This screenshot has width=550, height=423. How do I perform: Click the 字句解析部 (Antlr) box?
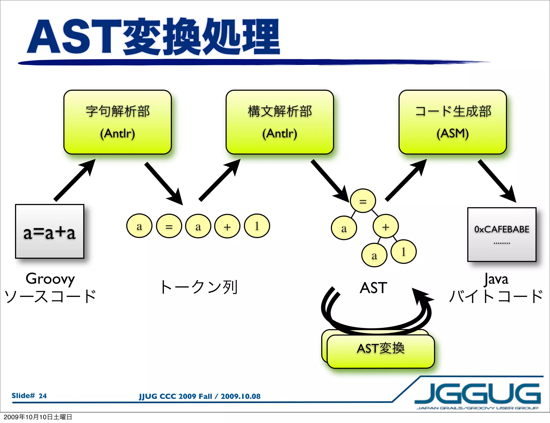click(117, 122)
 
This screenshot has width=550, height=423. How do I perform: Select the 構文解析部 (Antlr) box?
click(280, 122)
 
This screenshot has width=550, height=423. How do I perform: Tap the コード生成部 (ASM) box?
click(453, 122)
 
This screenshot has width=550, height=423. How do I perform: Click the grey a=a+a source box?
click(50, 231)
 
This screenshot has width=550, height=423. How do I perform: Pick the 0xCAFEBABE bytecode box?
click(502, 234)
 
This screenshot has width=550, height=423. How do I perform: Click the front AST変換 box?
click(381, 352)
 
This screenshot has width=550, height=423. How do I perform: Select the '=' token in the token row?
click(169, 226)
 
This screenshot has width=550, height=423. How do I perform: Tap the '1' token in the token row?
click(257, 226)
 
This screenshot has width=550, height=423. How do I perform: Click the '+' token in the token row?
click(227, 226)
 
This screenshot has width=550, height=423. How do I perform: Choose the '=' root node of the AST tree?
click(363, 201)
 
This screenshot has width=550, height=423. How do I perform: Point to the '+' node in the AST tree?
click(386, 227)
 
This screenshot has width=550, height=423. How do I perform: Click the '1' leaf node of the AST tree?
click(403, 252)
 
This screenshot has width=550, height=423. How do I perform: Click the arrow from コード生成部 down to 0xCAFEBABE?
click(497, 181)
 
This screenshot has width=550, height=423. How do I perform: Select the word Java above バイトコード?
click(496, 279)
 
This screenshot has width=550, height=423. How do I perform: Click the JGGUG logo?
click(477, 395)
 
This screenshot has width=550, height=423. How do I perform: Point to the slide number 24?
click(42, 396)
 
